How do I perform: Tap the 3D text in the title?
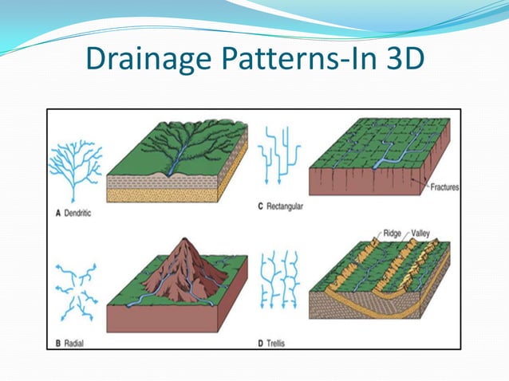pos(397,59)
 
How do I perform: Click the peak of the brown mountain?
pos(188,240)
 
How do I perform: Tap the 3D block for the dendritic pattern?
pos(177,164)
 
